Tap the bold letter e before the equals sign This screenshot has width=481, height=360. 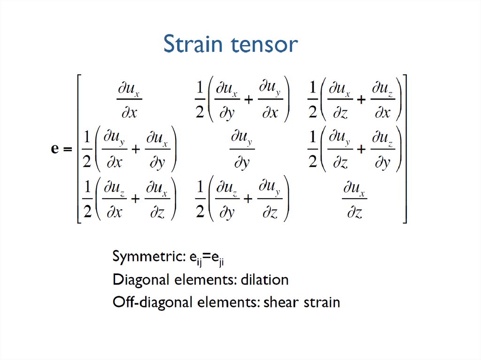point(54,149)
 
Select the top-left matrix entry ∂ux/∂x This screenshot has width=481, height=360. point(129,100)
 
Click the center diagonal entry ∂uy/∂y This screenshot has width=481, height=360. point(242,149)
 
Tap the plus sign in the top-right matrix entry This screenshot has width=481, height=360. point(361,100)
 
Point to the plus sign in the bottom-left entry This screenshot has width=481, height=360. point(136,200)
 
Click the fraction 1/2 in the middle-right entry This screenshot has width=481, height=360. point(312,149)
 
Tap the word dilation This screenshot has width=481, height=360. point(264,280)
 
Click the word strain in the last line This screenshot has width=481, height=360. point(321,302)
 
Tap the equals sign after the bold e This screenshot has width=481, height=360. point(67,150)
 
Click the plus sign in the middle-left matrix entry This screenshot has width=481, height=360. point(136,149)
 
